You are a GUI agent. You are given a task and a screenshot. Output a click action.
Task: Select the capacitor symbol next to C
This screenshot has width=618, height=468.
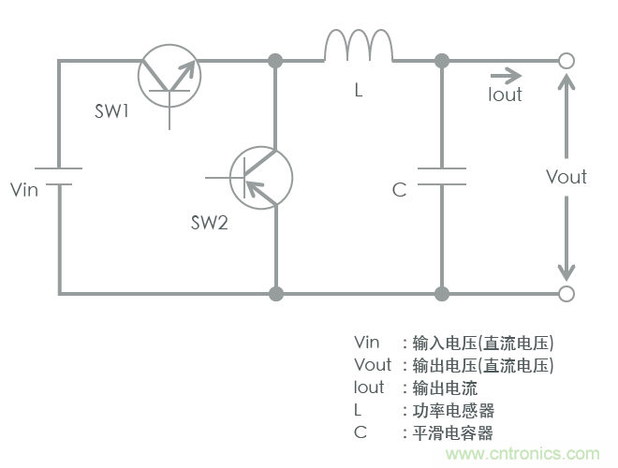click(441, 177)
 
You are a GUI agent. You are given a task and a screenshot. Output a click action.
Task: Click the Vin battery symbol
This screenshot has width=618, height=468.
click(59, 177)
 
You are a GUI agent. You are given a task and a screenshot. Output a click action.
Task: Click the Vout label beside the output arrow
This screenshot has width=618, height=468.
click(566, 177)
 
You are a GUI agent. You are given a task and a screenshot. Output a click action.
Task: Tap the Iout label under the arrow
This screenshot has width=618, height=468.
click(505, 95)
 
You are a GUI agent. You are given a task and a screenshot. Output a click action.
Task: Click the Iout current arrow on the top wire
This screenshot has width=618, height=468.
click(505, 74)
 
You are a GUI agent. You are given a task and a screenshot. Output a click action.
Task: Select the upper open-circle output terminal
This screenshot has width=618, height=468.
click(566, 61)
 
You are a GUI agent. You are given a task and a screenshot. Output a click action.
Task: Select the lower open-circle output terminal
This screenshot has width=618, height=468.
click(566, 294)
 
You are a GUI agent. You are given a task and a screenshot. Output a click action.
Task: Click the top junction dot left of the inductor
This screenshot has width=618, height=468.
click(275, 61)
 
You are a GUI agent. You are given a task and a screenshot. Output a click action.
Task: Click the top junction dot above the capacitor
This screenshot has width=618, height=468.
click(441, 61)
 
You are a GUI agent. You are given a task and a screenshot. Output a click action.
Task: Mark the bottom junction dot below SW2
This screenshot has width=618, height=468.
click(275, 294)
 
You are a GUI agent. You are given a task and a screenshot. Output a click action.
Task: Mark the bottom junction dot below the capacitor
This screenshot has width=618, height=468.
click(441, 294)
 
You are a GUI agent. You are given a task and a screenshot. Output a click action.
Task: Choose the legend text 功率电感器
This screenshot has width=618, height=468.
click(453, 410)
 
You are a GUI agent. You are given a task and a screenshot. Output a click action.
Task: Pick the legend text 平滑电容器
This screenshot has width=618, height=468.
click(453, 432)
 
